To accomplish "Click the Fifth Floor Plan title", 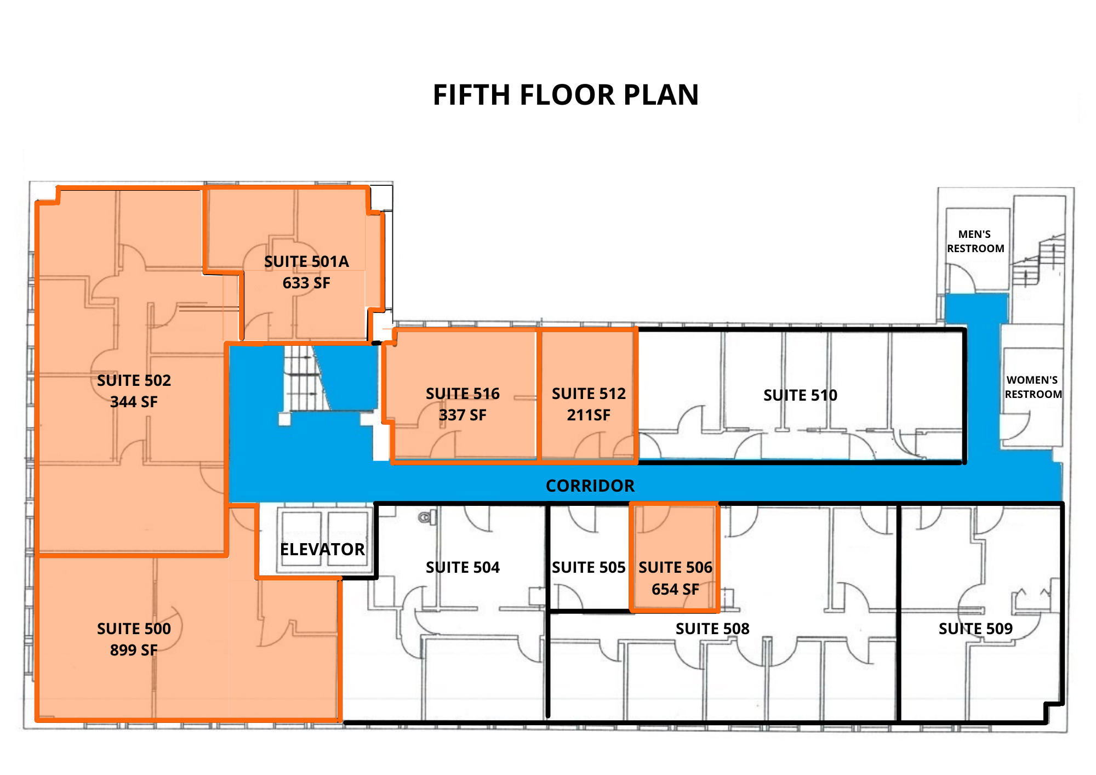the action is click(566, 95).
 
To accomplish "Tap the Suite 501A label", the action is click(306, 261).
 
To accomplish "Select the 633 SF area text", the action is click(306, 283).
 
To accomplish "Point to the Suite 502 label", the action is click(134, 380).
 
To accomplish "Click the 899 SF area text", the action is click(134, 650).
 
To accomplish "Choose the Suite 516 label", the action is click(463, 394).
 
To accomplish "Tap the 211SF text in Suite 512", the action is click(589, 415).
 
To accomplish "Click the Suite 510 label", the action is click(800, 395).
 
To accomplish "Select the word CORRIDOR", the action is click(590, 486).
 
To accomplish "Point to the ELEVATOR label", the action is click(322, 549).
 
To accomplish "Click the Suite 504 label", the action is click(463, 567).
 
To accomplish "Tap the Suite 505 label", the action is click(589, 567).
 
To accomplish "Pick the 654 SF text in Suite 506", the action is click(675, 589).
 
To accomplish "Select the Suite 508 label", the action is click(712, 629).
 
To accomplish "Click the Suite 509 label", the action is click(975, 629).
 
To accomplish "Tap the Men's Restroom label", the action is click(975, 241).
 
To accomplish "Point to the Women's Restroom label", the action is click(1033, 387).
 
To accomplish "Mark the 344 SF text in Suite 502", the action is click(134, 402).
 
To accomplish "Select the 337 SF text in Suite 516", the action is click(463, 415).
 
